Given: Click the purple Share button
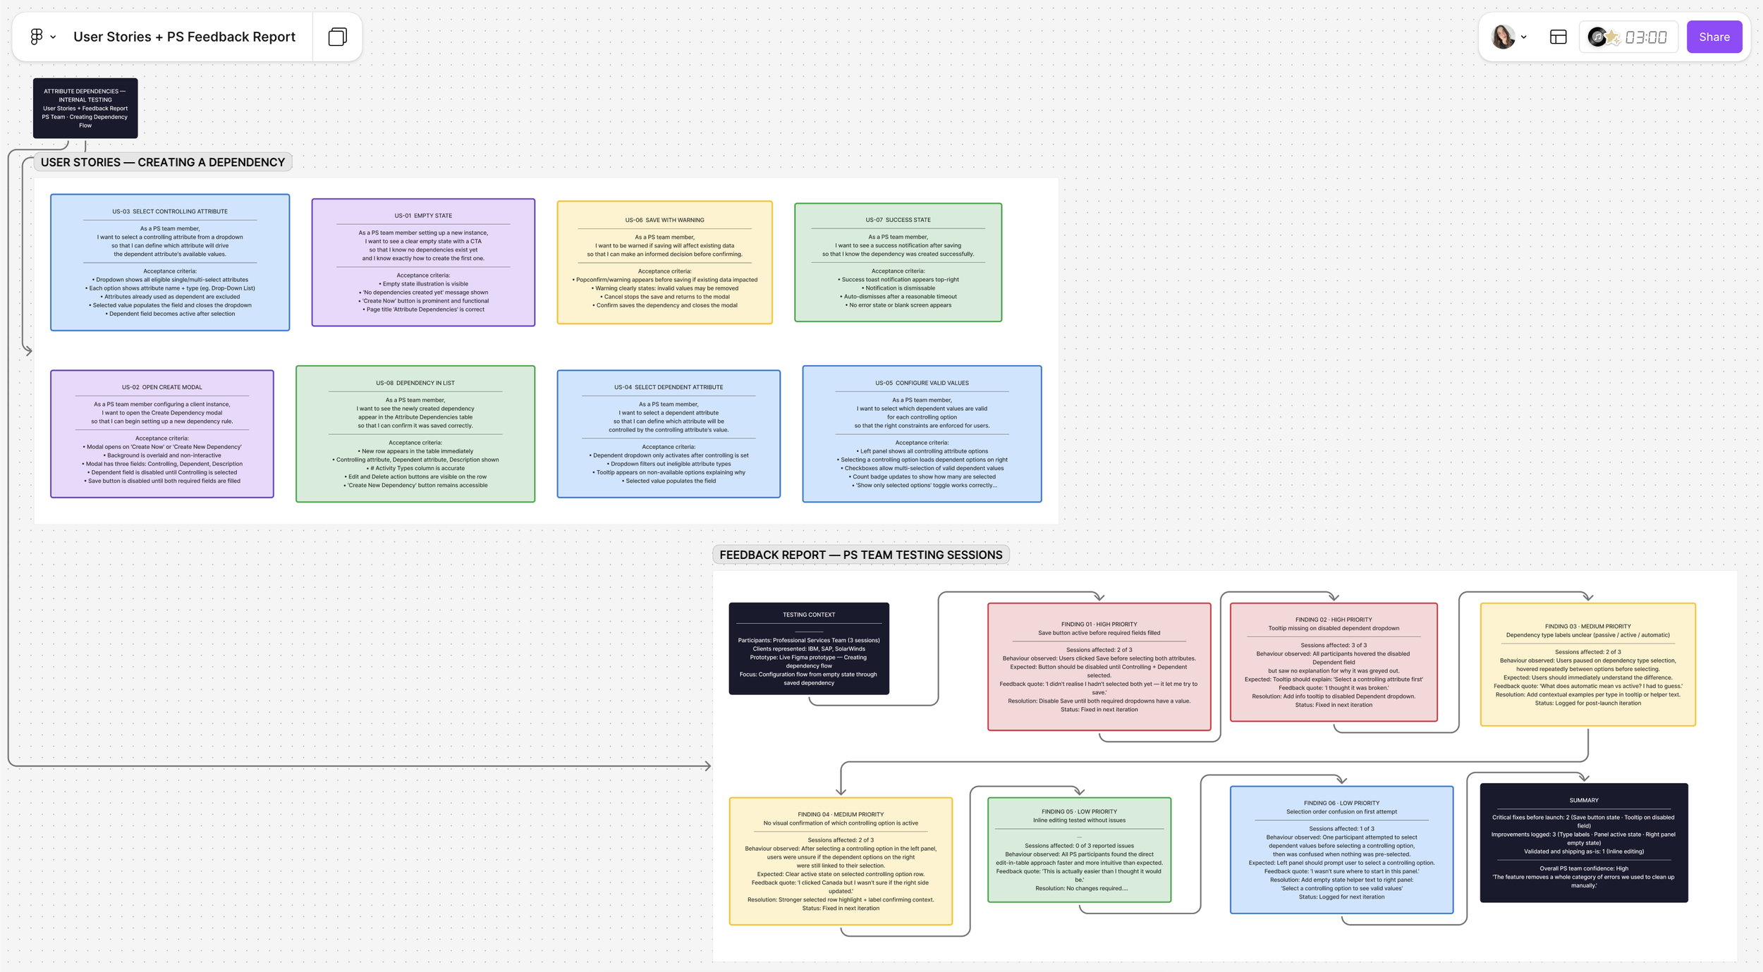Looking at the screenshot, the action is (1714, 37).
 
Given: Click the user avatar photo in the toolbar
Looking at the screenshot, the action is (1503, 37).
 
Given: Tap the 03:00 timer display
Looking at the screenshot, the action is (1646, 37).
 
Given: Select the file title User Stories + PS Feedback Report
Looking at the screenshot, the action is (184, 37).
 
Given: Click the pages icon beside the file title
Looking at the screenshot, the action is (338, 37).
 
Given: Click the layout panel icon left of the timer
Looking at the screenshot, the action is (1558, 37).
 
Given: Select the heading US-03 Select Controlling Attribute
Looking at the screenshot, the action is (170, 211).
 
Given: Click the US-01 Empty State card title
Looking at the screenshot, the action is (423, 216).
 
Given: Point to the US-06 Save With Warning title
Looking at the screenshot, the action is (664, 220).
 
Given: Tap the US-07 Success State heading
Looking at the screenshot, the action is (898, 220).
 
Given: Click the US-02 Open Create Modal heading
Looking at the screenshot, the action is (161, 387).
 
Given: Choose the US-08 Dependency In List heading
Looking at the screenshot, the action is (415, 383).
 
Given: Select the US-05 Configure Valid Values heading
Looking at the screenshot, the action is (922, 383).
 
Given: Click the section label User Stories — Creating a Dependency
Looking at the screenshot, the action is (163, 162).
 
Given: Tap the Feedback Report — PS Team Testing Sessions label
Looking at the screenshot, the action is (860, 555).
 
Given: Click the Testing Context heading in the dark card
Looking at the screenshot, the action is (808, 615).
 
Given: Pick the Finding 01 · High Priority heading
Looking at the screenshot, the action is (1099, 624).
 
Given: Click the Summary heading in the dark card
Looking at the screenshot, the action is (1583, 800).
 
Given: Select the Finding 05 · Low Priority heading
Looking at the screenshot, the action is (1079, 811).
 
